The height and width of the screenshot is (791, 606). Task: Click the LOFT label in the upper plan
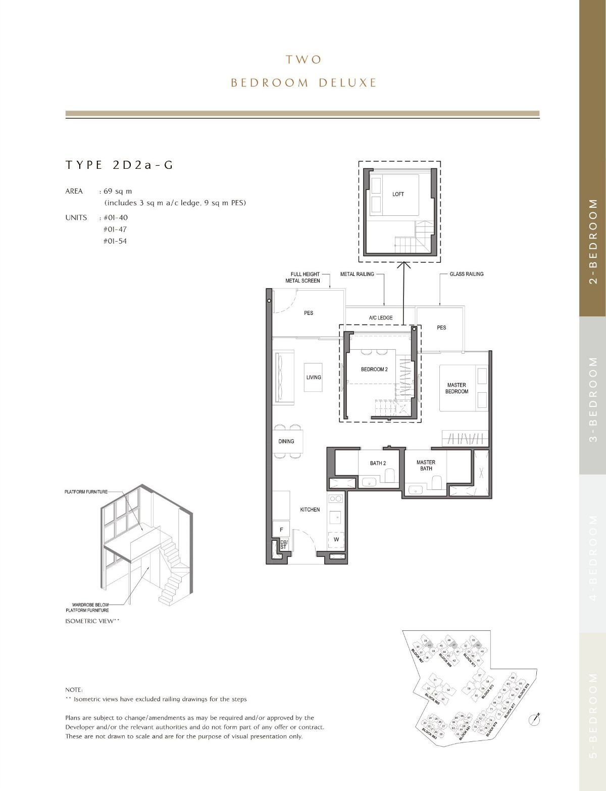point(398,194)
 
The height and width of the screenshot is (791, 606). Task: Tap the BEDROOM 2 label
point(374,369)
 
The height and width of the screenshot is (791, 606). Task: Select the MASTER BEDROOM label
point(457,388)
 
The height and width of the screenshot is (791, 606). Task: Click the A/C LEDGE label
point(380,318)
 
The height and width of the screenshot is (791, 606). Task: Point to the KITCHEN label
point(310,509)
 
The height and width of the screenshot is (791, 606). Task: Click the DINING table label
point(286,441)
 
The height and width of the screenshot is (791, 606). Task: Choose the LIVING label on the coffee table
point(314,377)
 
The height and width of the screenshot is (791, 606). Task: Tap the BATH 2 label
point(378,463)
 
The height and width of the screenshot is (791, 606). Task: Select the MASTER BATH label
point(426,465)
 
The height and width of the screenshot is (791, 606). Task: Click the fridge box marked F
point(281,529)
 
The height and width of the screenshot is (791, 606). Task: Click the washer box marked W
point(336,539)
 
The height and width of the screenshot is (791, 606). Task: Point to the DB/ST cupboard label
point(283,544)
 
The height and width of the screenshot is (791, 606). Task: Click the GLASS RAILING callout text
point(466,274)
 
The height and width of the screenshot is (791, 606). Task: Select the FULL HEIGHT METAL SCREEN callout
point(305,277)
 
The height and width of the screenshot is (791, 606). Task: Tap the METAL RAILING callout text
point(357,274)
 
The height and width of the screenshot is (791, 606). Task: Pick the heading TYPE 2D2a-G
point(119,165)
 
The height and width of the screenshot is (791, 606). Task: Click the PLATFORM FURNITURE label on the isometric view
point(86,492)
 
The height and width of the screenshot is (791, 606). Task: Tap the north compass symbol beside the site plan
point(534,718)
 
